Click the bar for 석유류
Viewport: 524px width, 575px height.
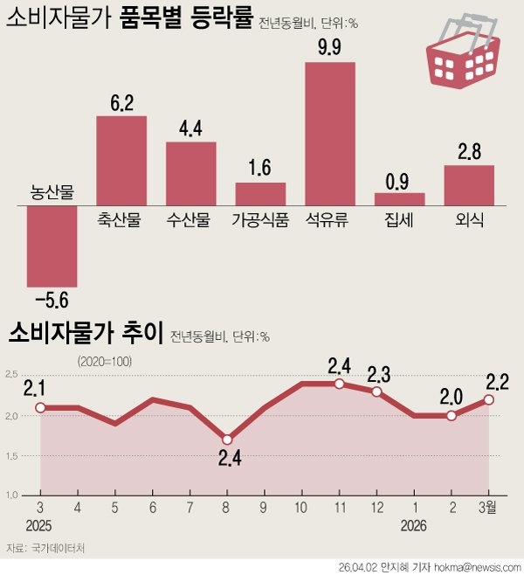(x=330, y=134)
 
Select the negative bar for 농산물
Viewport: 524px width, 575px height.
(x=52, y=246)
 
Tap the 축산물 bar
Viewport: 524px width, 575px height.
(x=121, y=161)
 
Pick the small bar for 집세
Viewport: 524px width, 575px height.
(x=400, y=199)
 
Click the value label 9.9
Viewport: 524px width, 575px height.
(x=330, y=48)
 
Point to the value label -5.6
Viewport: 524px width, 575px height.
(x=52, y=301)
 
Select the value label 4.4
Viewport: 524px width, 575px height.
(x=190, y=128)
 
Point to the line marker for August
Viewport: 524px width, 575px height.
(x=227, y=440)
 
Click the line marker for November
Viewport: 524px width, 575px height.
(x=339, y=384)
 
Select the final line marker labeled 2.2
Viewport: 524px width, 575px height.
(x=488, y=399)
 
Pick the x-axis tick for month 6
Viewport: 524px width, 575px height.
(x=152, y=507)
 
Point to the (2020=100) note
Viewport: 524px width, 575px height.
(x=103, y=360)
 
